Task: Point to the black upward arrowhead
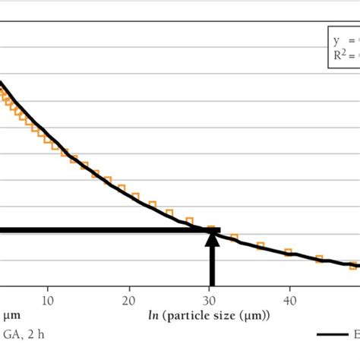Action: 211,240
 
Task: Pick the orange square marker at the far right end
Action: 352,266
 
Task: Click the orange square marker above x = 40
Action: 289,251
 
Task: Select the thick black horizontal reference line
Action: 106,230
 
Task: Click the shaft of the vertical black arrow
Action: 211,266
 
